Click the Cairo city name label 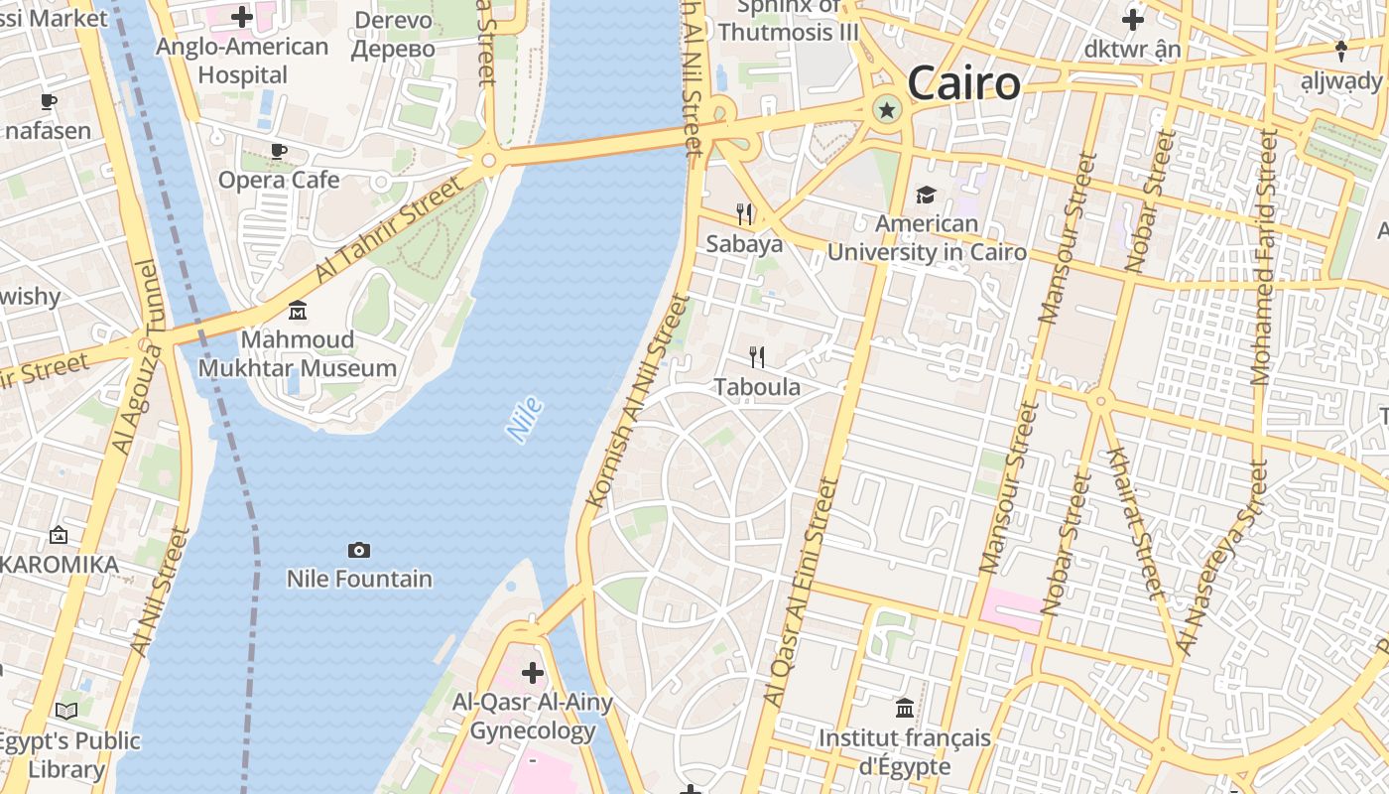point(963,83)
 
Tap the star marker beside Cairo point(886,110)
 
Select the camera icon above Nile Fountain point(359,550)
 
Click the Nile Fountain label point(359,579)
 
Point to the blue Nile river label point(524,419)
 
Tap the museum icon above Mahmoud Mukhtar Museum point(297,311)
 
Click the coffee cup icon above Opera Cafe point(279,151)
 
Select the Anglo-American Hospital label point(242,61)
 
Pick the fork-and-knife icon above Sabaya point(744,213)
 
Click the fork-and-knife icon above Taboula point(757,357)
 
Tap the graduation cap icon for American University point(926,195)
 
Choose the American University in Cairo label point(927,238)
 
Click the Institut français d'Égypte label point(904,752)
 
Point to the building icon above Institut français point(904,708)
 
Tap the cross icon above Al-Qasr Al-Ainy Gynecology point(533,673)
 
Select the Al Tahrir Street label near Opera point(389,228)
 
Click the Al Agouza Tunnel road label point(136,357)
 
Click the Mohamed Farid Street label point(1264,258)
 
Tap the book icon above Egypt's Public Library point(66,711)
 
